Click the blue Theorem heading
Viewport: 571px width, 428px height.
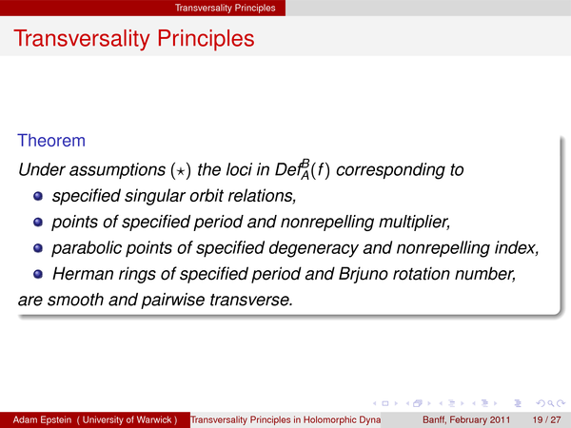click(x=51, y=141)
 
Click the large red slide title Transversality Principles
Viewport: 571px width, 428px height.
click(x=134, y=39)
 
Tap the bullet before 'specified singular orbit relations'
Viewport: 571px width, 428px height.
click(x=38, y=196)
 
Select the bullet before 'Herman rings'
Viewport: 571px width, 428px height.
click(x=38, y=274)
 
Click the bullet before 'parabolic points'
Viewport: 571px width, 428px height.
click(x=38, y=248)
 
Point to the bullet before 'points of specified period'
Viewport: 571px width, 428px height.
click(x=38, y=222)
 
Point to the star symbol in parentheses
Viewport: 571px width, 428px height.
click(x=181, y=170)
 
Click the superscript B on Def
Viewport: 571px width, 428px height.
click(x=305, y=163)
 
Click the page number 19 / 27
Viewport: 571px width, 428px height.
click(x=546, y=419)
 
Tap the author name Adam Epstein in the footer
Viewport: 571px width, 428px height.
click(x=42, y=419)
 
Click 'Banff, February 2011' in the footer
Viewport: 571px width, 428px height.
click(x=466, y=419)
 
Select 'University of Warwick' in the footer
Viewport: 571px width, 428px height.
click(x=127, y=419)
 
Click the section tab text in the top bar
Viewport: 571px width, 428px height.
click(x=225, y=8)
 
